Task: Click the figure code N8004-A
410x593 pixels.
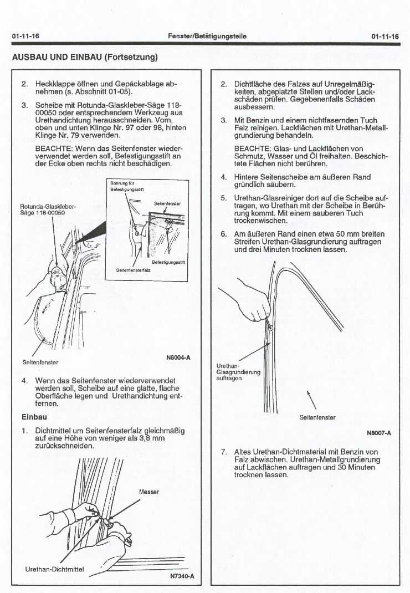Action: pos(178,357)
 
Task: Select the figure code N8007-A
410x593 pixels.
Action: pos(379,433)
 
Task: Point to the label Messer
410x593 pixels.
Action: pos(149,492)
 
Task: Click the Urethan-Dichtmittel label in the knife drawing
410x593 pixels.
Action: pos(54,569)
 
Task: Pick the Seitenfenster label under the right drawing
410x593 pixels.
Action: pos(317,417)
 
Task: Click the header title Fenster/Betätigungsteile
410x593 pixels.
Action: pos(207,36)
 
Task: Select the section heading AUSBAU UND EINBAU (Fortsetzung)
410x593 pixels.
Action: pos(85,57)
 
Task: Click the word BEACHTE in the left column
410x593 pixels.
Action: pos(53,149)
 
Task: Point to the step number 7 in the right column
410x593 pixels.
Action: pos(223,452)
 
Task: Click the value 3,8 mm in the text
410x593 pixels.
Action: pos(154,438)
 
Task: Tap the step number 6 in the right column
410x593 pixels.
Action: pos(223,234)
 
